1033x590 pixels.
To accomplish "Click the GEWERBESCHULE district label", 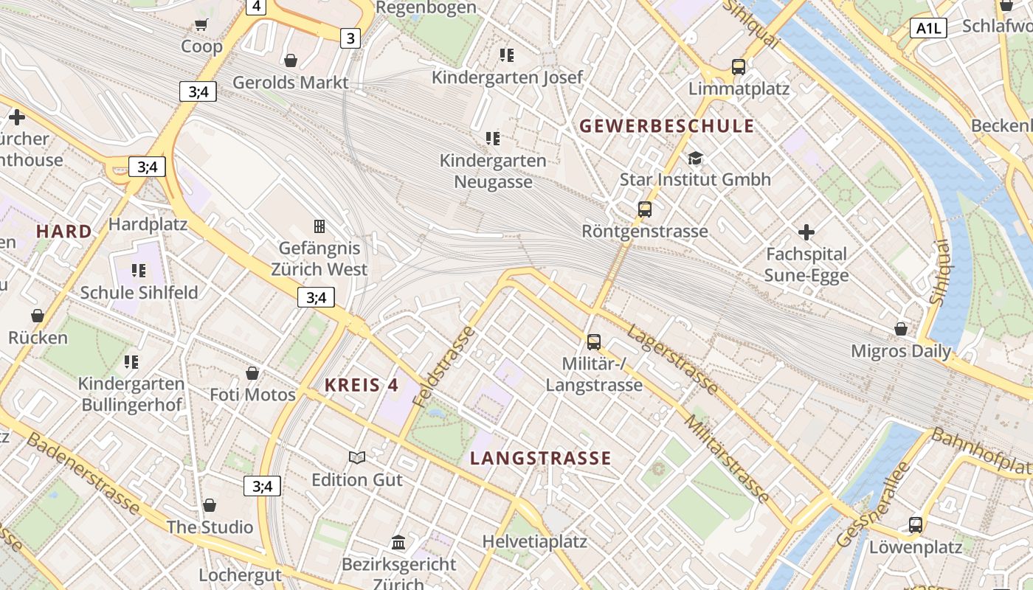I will pos(667,126).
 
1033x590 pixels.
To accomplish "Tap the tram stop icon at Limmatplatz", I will pos(739,67).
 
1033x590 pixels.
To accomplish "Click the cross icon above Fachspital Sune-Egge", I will pos(806,232).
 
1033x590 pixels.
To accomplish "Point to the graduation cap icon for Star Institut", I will pos(695,158).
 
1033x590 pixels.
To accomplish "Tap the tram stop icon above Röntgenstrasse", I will pos(645,209).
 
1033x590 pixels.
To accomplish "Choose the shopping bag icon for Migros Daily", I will pos(901,329).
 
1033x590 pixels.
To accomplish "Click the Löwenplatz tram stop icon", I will pos(916,525).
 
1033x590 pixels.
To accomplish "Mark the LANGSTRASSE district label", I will pos(541,458).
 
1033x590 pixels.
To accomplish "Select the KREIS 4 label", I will pos(362,385).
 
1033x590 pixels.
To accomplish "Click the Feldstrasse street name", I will pos(444,366).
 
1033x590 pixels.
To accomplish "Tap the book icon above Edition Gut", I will pos(357,458).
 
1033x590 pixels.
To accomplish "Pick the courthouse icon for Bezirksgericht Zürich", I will pos(398,543).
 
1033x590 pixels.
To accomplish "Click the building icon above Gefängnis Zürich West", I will pos(319,226).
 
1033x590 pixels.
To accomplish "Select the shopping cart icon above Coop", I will pos(201,25).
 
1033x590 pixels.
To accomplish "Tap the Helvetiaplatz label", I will pos(535,541).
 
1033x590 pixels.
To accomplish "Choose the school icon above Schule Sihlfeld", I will pos(139,271).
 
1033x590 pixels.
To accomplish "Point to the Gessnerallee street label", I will pos(873,505).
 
